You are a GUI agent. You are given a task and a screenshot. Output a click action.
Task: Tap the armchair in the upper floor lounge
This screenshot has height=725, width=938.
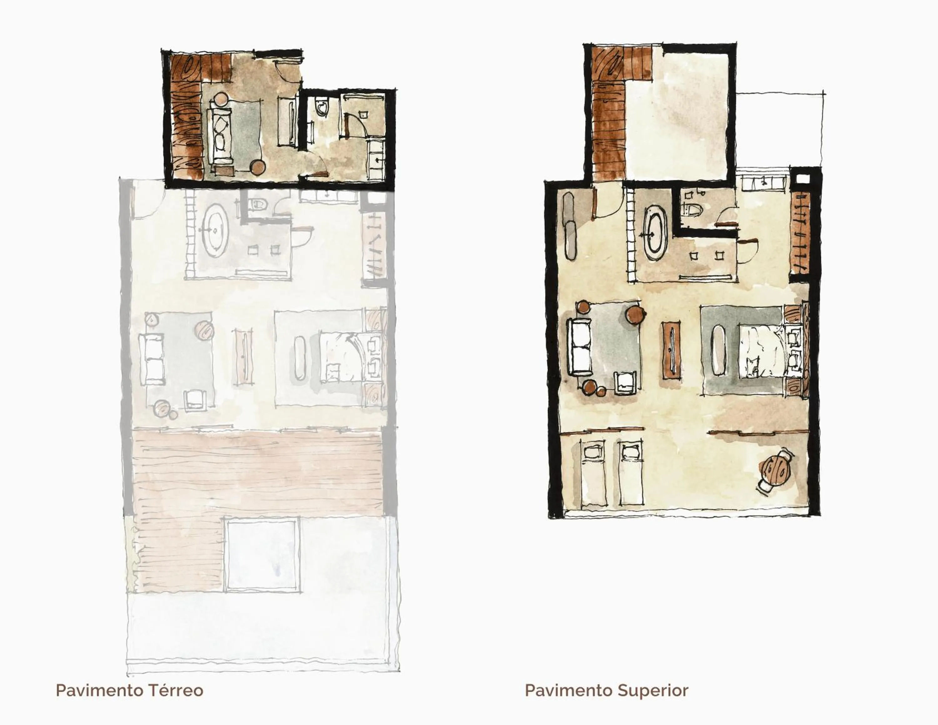point(626,383)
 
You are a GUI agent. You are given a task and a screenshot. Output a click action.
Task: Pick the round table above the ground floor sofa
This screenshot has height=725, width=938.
point(223,99)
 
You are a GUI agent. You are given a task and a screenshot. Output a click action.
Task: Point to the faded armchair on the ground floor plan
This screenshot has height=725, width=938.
point(195,399)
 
